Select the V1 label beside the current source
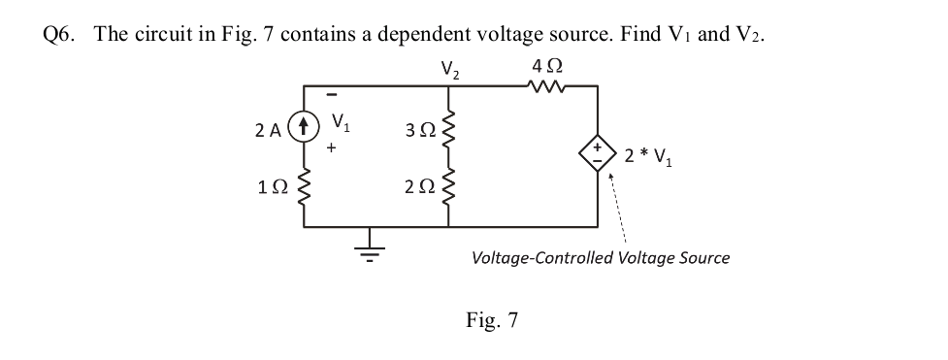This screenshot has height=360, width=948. point(341,123)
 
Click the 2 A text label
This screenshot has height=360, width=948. point(269,126)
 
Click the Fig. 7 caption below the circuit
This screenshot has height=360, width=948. point(492,319)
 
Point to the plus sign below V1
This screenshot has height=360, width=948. point(332,148)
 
